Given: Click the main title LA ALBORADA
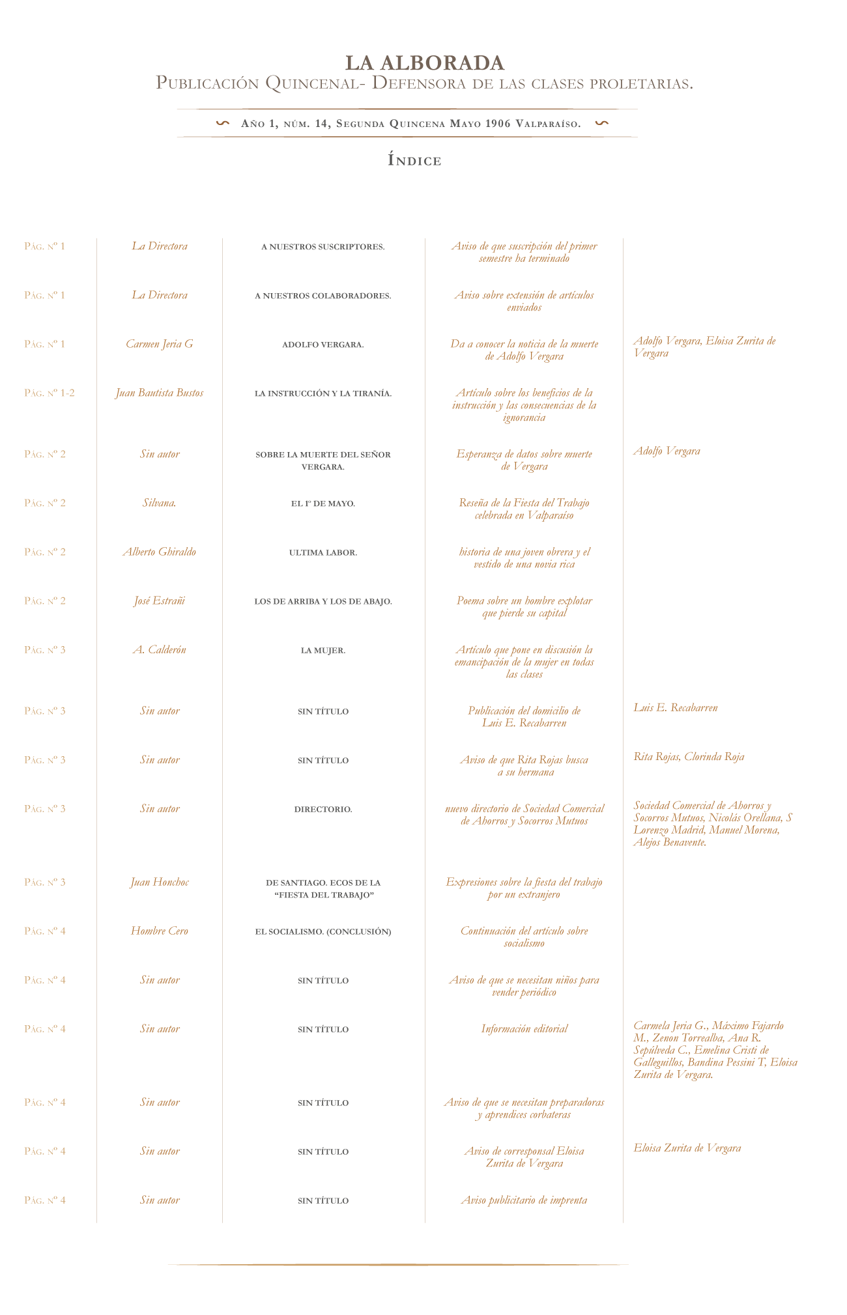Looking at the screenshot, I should pos(424,63).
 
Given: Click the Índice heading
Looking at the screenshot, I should pos(415,160).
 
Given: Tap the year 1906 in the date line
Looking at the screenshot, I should pos(498,124).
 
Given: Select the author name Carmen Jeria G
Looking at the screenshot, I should pos(160,344).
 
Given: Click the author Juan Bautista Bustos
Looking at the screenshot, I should pos(160,393).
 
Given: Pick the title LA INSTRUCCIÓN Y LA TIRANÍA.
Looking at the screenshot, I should pos(323,393).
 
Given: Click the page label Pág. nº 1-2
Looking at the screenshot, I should pos(50,393).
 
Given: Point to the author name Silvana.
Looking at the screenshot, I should pos(160,503).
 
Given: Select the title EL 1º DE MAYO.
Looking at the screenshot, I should pos(323,503).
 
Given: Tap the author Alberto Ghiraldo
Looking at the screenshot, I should pos(160,552).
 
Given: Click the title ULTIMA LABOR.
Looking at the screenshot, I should pos(323,552).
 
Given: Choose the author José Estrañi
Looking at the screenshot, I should pos(160,601).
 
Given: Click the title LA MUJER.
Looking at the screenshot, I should pos(323,650).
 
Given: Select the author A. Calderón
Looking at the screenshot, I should pos(160,649).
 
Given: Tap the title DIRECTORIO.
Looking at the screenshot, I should pos(323,809).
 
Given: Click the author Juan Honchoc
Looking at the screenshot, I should pos(160,882).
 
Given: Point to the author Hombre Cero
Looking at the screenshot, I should pos(160,931).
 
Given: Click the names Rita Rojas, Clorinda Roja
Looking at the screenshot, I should pos(689,756).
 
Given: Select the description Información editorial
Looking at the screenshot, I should pos(524,1028).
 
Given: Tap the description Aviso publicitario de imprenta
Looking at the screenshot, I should pos(524,1200).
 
